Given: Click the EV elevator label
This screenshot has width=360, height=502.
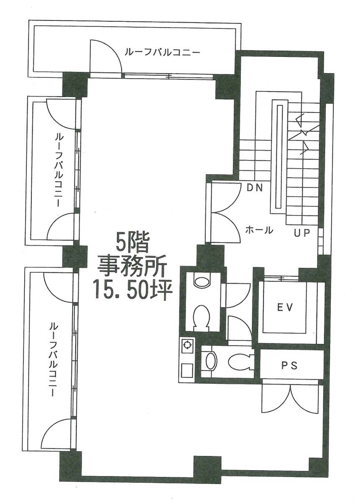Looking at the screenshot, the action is [285, 308].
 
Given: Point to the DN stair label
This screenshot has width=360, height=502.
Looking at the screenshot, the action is [255, 188].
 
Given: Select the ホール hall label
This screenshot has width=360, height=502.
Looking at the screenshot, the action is [259, 230].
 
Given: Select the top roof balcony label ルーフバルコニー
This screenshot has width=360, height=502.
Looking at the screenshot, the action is [162, 52].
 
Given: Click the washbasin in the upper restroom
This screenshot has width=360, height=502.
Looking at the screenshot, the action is [202, 282].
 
